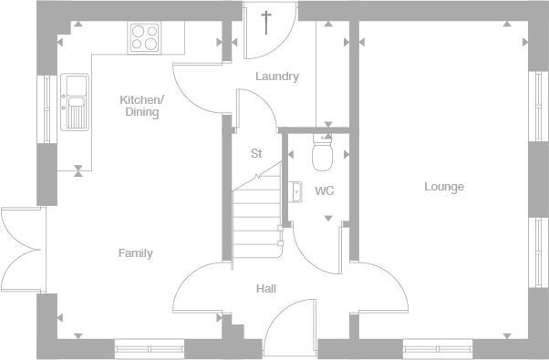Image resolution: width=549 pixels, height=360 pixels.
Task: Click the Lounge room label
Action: (444, 187)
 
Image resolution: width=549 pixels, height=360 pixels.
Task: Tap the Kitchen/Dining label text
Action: (141, 106)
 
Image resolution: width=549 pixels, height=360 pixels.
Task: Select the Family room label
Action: (135, 253)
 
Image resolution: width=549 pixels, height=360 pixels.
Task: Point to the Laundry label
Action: (276, 77)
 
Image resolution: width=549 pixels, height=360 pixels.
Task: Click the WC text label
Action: (324, 191)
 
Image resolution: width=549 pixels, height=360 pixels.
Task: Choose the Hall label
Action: (266, 289)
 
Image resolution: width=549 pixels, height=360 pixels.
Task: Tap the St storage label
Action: (256, 154)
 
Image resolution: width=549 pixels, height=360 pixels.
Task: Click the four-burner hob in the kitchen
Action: (144, 37)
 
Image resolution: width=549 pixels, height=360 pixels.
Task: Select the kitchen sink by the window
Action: (73, 100)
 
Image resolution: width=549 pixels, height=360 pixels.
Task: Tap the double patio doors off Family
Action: (20, 252)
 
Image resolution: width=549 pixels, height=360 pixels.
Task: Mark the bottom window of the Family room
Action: (149, 346)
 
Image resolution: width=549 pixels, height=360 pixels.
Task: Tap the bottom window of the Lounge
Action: (437, 346)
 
